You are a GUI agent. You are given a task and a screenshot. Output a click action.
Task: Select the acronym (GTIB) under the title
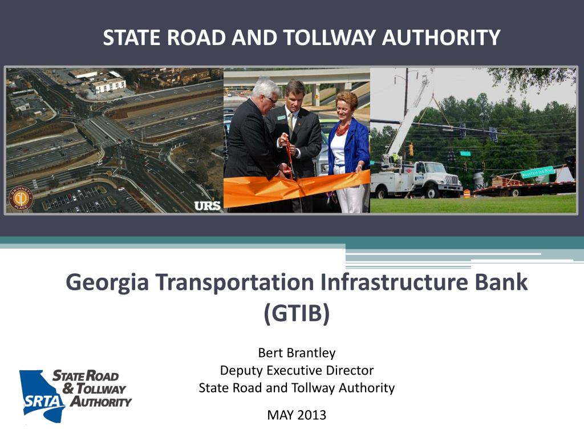tap(297, 313)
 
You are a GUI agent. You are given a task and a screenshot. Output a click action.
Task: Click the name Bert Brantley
tap(297, 353)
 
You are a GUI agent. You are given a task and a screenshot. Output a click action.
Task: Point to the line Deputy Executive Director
tap(297, 370)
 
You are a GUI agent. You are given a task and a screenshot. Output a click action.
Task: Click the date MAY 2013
tap(297, 415)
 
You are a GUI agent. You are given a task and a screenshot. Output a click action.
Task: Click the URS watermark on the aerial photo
tap(207, 206)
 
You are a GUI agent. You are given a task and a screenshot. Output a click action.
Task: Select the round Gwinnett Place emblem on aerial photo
tap(21, 198)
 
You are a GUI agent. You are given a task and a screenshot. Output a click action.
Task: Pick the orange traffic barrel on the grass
tap(467, 193)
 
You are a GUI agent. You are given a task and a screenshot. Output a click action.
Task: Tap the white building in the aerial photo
tap(108, 84)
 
